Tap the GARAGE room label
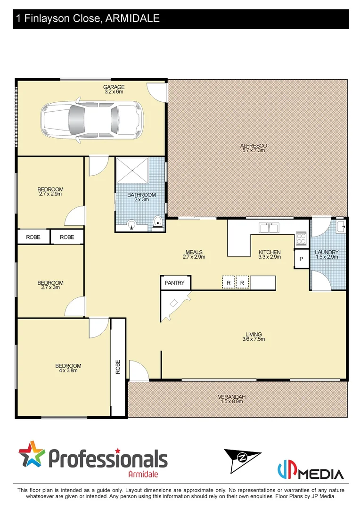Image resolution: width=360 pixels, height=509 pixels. point(114,87)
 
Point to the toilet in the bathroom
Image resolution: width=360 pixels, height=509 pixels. point(158,222)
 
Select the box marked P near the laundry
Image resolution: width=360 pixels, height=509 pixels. point(301,260)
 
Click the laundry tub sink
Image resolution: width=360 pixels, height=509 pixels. point(342,227)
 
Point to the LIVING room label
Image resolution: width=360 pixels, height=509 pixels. point(253,335)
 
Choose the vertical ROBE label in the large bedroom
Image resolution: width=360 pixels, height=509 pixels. point(118,367)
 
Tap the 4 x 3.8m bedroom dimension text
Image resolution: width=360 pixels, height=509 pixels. point(68,371)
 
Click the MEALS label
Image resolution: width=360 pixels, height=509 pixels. point(194,252)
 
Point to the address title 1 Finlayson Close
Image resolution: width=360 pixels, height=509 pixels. point(88,19)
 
